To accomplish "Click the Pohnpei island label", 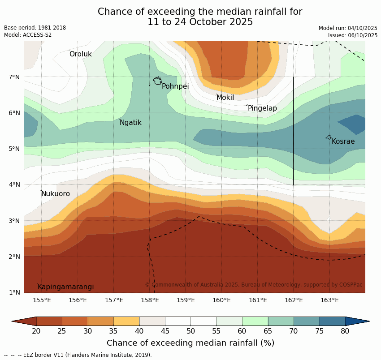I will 175,86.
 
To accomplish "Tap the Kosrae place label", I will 343,141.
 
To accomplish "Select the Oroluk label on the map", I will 80,54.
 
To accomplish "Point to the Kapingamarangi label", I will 66,287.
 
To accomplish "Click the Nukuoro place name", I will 56,194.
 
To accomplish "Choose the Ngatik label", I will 130,123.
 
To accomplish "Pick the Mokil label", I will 225,98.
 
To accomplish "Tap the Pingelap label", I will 262,108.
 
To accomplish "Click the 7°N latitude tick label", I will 14,77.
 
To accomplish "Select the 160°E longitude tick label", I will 221,300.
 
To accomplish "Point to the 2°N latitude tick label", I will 14,257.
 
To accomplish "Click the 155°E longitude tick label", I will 42,300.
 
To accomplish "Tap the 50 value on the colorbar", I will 190,331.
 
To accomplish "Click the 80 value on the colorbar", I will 345,331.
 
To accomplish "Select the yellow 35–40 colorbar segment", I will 126,321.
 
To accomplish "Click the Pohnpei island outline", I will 157,81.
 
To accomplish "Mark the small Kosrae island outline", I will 329,137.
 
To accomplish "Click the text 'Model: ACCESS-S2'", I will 28,35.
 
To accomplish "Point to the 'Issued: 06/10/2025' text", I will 352,35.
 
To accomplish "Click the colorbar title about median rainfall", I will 190,343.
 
